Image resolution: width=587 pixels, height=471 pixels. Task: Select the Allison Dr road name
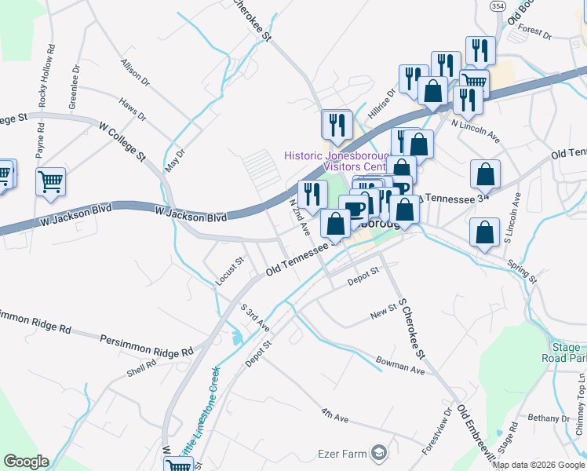134,70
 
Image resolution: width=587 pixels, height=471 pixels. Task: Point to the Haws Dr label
132,110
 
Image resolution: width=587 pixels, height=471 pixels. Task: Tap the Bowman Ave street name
399,366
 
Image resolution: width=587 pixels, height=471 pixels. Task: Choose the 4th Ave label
334,414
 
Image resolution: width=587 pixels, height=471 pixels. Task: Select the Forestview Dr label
436,431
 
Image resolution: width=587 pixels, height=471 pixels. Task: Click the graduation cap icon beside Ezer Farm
379,453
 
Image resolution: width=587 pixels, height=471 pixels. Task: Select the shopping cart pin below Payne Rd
51,181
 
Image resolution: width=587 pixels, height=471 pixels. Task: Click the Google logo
25,462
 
